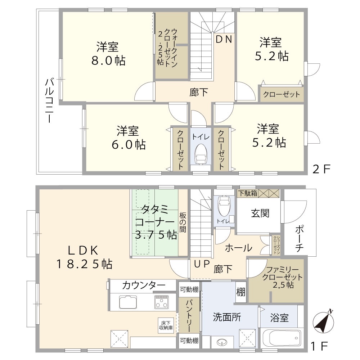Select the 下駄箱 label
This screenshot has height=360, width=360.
[x=247, y=193]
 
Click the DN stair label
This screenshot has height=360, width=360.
[x=224, y=40]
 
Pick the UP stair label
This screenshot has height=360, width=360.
[x=202, y=264]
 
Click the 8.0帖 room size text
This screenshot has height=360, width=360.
[x=108, y=60]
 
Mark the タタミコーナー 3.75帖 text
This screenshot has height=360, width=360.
[x=156, y=222]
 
